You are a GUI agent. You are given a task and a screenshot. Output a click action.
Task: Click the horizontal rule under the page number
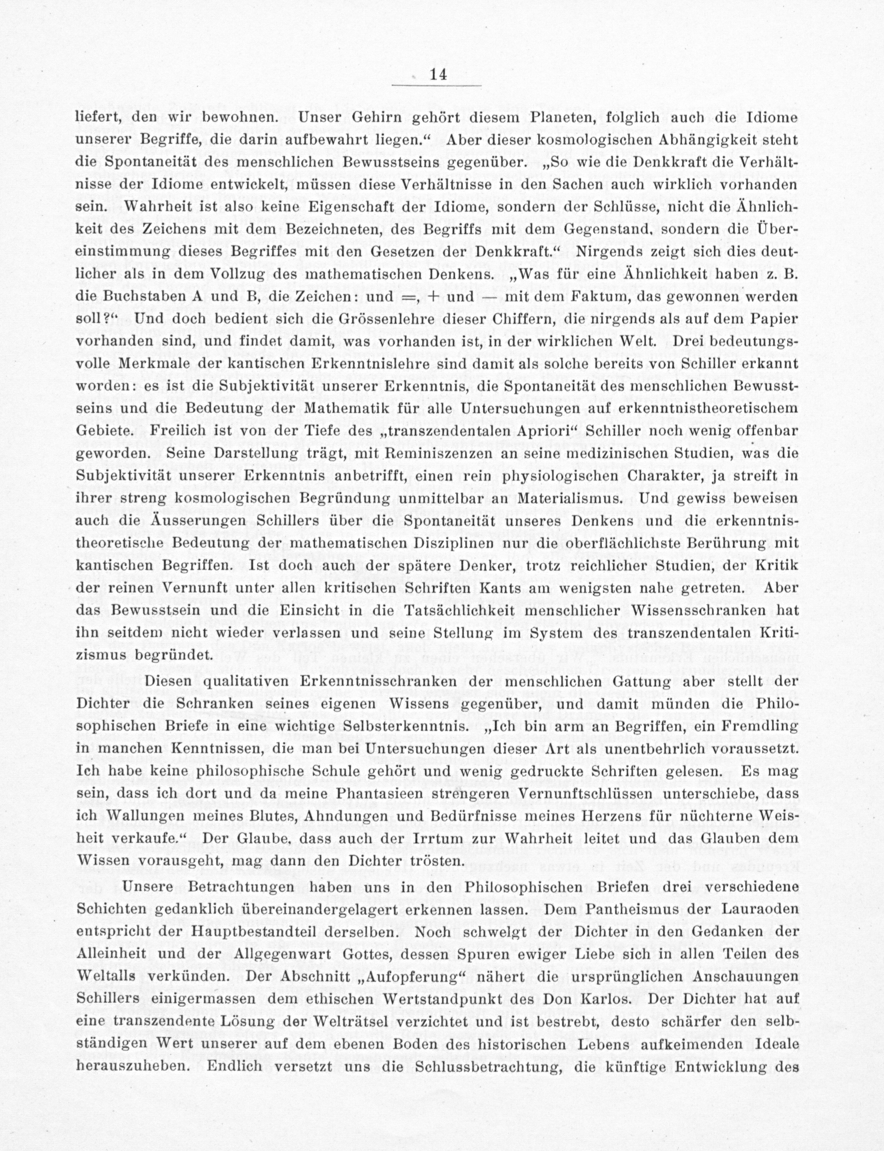[438, 85]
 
